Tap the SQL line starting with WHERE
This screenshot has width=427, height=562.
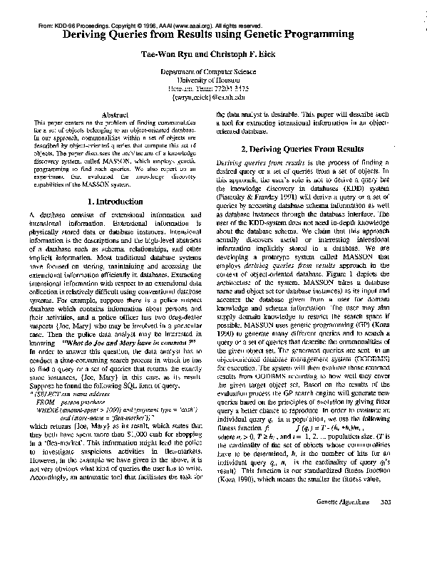coord(106,410)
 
